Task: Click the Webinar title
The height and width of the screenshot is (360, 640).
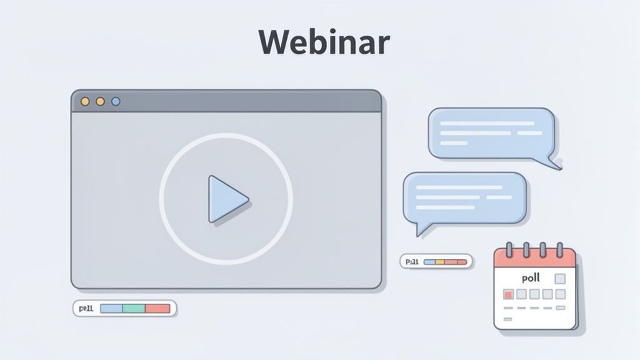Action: tap(324, 42)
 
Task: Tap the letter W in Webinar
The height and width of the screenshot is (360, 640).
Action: tap(276, 42)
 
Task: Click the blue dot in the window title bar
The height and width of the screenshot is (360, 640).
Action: tap(116, 101)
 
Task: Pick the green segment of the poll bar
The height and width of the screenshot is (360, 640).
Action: tap(134, 308)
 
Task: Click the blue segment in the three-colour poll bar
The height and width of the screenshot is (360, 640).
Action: tap(111, 308)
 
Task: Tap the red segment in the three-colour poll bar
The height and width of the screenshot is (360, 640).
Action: tap(157, 308)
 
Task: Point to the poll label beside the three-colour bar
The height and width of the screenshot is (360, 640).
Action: tap(86, 308)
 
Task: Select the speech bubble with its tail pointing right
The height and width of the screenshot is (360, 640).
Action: tap(491, 132)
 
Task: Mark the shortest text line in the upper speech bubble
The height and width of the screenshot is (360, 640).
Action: tap(454, 143)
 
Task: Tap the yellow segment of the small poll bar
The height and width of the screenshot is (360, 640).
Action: tap(439, 262)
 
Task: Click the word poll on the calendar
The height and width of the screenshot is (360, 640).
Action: tap(531, 278)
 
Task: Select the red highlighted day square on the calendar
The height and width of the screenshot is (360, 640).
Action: tap(508, 294)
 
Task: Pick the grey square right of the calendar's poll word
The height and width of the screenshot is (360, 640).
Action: tap(560, 279)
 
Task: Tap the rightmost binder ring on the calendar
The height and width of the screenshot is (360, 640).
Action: tap(559, 249)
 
